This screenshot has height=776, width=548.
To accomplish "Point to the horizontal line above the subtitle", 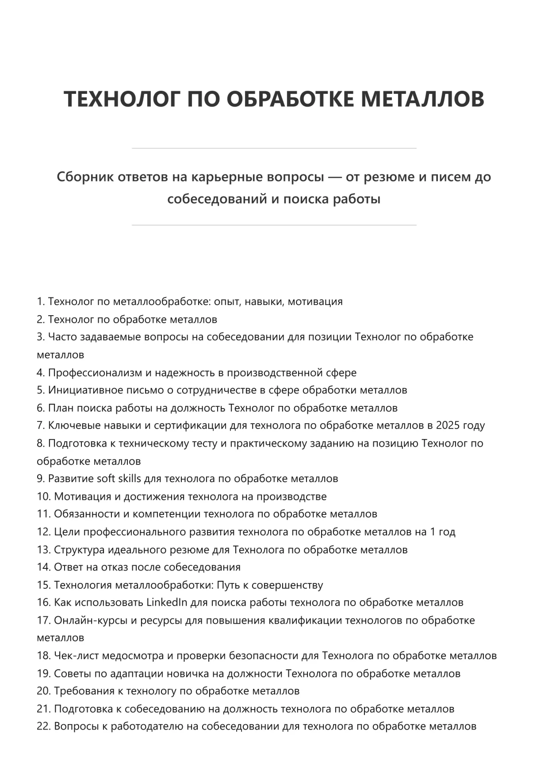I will click(x=274, y=148).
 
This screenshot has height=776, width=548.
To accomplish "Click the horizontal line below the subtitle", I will click(x=274, y=225).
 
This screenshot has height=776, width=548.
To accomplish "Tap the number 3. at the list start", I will click(x=41, y=337).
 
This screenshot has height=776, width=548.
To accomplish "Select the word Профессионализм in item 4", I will click(x=95, y=373).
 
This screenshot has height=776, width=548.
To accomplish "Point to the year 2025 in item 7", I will click(x=448, y=425).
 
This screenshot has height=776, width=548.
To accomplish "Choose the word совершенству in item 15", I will click(x=287, y=585).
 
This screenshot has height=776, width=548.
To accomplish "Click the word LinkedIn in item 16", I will click(x=167, y=602).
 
